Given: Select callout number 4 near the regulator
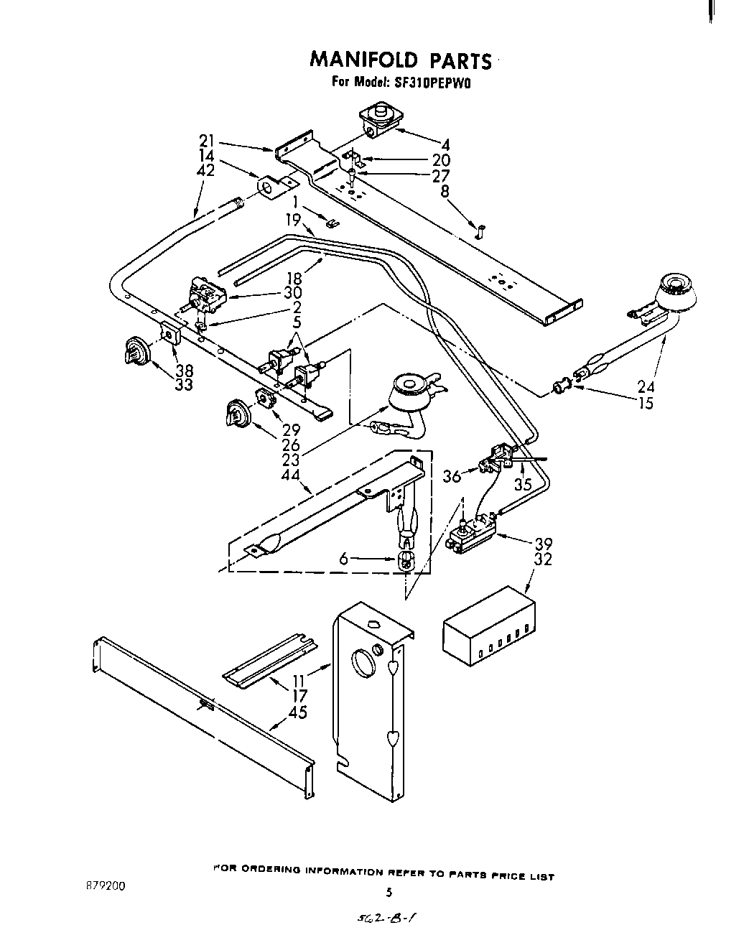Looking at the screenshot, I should tap(445, 144).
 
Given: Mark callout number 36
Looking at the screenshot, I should tap(452, 475).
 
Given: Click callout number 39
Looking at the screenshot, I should tap(543, 544).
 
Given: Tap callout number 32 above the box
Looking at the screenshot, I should tap(543, 559).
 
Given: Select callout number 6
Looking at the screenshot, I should tap(345, 559).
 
